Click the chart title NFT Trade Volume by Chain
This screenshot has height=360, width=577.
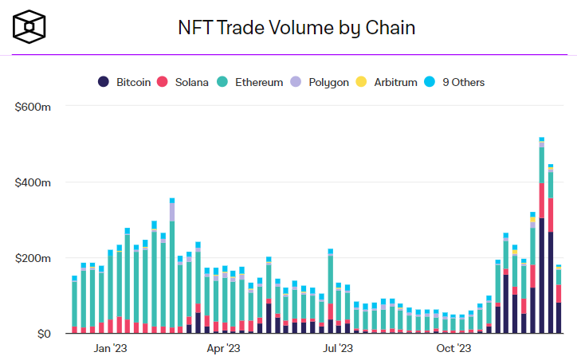(x=296, y=28)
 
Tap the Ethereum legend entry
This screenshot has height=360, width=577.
(x=250, y=82)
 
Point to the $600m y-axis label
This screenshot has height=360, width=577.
(x=33, y=106)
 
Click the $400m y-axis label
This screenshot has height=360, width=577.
(x=33, y=182)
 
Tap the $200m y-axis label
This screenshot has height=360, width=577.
(x=33, y=259)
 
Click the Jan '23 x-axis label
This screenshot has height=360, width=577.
(x=111, y=348)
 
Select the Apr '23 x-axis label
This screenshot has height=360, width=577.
(x=224, y=348)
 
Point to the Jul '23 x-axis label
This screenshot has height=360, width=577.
(x=338, y=348)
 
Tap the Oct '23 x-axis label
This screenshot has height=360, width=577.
(x=453, y=348)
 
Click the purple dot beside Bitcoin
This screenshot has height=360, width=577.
(x=104, y=82)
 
